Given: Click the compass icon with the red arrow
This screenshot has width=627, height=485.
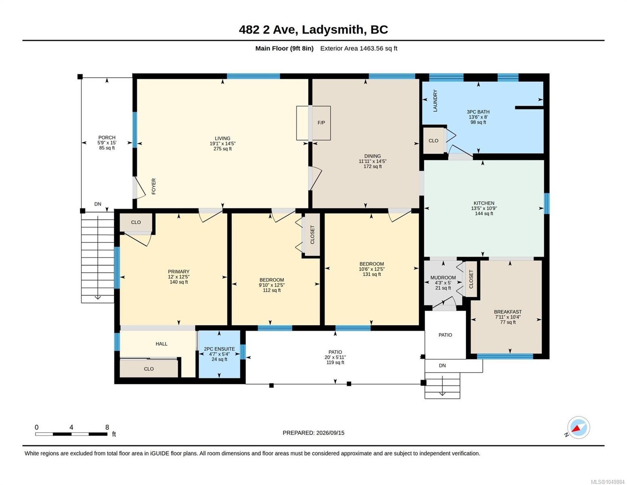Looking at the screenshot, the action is point(578,428).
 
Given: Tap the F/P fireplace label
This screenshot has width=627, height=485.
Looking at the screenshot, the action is point(321,123).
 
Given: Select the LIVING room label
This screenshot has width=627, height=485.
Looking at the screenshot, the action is point(222,138).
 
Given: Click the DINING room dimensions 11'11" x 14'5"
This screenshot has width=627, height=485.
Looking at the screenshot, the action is point(372,161).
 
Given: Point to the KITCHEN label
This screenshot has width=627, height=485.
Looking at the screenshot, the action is point(484,203).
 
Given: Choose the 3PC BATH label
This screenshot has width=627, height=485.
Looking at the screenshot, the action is point(478,112).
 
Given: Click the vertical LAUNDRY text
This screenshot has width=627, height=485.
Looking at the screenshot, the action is point(435,101).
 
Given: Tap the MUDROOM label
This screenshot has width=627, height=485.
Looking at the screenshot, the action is point(443,278).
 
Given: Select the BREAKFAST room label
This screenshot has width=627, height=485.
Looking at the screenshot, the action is point(507,312).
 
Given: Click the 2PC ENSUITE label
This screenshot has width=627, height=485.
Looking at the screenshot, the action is point(219,349).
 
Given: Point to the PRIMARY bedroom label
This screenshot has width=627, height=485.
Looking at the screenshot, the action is point(178,272).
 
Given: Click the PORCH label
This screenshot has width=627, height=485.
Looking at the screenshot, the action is point(107,137).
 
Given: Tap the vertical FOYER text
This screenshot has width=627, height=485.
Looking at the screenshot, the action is point(153,186).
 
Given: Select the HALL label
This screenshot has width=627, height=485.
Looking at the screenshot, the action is point(161,344).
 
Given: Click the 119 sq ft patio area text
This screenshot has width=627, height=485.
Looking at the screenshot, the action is point(335,362).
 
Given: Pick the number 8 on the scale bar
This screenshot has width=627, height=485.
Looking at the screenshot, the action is point(107,427).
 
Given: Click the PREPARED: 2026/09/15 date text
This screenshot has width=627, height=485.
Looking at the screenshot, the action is point(313,433).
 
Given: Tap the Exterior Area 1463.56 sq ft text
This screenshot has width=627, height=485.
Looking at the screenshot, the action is point(359,48).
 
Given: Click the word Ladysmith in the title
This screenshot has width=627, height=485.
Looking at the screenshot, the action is point(333,30).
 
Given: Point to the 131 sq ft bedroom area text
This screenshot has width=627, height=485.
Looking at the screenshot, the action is point(371,274).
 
